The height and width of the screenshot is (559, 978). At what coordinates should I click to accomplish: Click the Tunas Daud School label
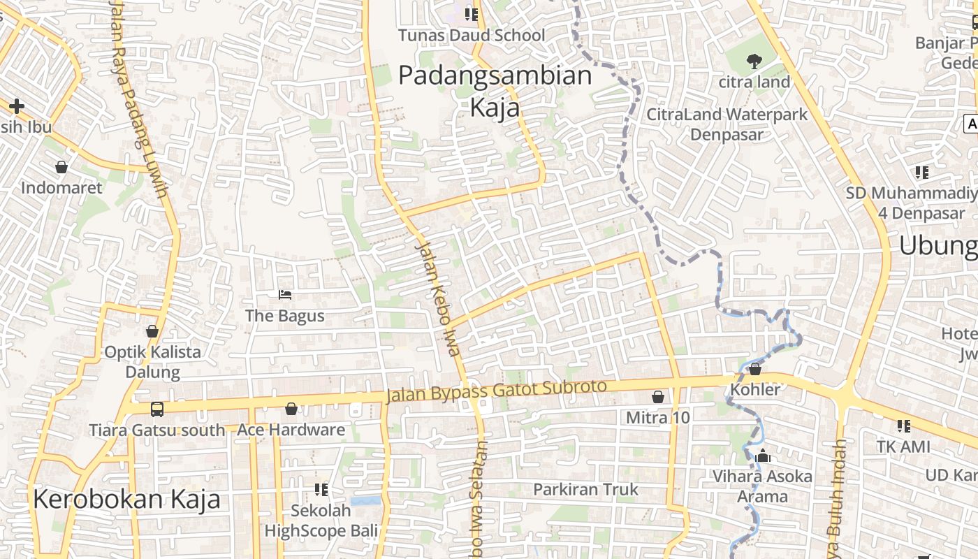click(471, 35)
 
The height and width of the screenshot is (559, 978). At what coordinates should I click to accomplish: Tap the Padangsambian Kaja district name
click(495, 91)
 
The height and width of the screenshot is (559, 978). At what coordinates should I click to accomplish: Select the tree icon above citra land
click(754, 61)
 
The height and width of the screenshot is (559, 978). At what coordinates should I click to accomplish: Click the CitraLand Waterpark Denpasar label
click(727, 124)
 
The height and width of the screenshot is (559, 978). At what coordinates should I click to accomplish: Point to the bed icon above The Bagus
click(285, 295)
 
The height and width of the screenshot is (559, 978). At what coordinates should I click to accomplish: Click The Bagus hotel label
click(285, 316)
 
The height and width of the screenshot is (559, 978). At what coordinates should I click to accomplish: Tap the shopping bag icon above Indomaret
click(61, 167)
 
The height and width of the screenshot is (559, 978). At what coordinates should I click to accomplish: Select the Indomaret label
click(61, 188)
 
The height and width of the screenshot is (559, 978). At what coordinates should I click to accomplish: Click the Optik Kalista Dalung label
click(152, 361)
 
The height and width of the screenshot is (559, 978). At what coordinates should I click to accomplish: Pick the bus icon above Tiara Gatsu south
click(157, 409)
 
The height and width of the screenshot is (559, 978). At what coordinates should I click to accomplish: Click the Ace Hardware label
click(291, 430)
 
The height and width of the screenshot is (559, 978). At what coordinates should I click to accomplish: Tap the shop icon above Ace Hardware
click(291, 409)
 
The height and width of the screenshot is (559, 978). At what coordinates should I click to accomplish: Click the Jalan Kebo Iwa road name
click(438, 297)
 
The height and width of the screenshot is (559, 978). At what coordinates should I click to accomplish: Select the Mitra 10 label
click(657, 418)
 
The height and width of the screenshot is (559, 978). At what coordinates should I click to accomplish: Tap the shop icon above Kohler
click(755, 368)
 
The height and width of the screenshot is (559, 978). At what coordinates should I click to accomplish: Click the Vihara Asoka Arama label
click(762, 486)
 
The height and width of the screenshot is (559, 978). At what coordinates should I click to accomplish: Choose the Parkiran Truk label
click(585, 489)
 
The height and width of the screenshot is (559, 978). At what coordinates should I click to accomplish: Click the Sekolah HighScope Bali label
click(321, 521)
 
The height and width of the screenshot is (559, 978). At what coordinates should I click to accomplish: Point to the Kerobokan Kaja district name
click(126, 499)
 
